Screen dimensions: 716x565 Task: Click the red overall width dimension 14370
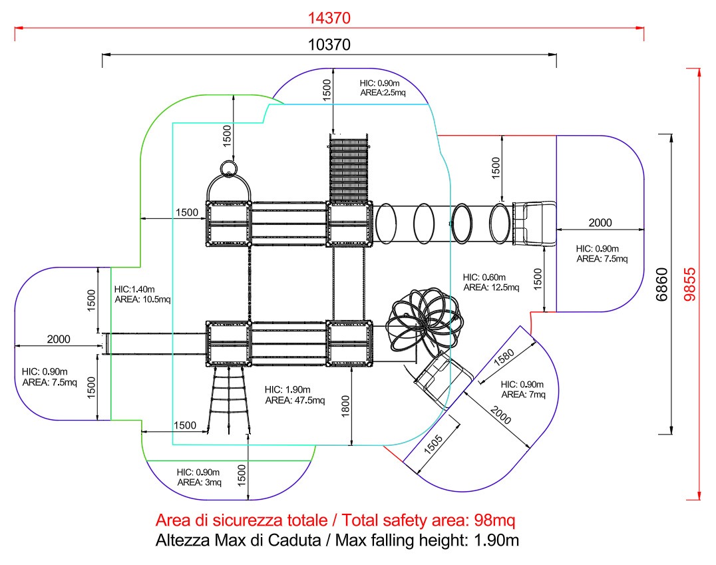click(329, 18)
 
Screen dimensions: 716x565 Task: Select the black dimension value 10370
click(329, 45)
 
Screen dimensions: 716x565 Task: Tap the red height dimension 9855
click(690, 284)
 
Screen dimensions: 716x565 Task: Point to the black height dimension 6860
click(661, 284)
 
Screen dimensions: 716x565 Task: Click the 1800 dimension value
click(345, 405)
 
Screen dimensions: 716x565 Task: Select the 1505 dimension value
click(433, 444)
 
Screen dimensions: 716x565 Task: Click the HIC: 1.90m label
click(287, 389)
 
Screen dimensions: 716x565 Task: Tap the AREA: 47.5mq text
click(295, 401)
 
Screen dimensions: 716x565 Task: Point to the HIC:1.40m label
click(134, 289)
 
